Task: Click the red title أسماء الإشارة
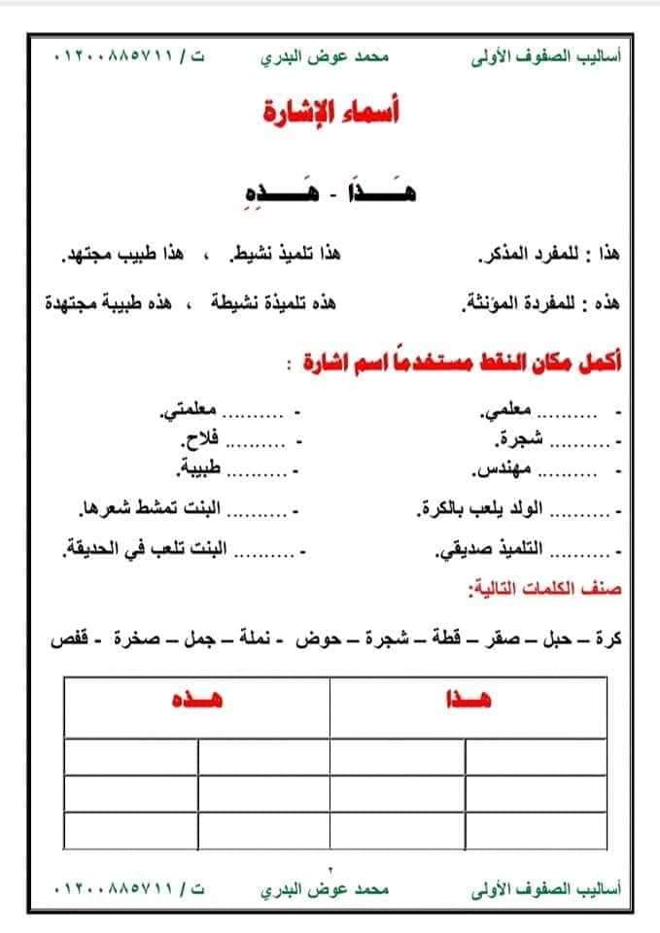(332, 113)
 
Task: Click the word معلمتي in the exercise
(193, 413)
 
